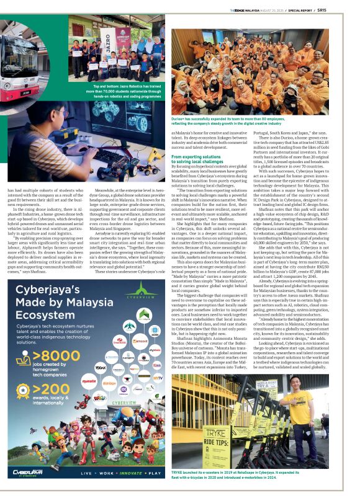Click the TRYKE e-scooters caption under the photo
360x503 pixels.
click(248, 491)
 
